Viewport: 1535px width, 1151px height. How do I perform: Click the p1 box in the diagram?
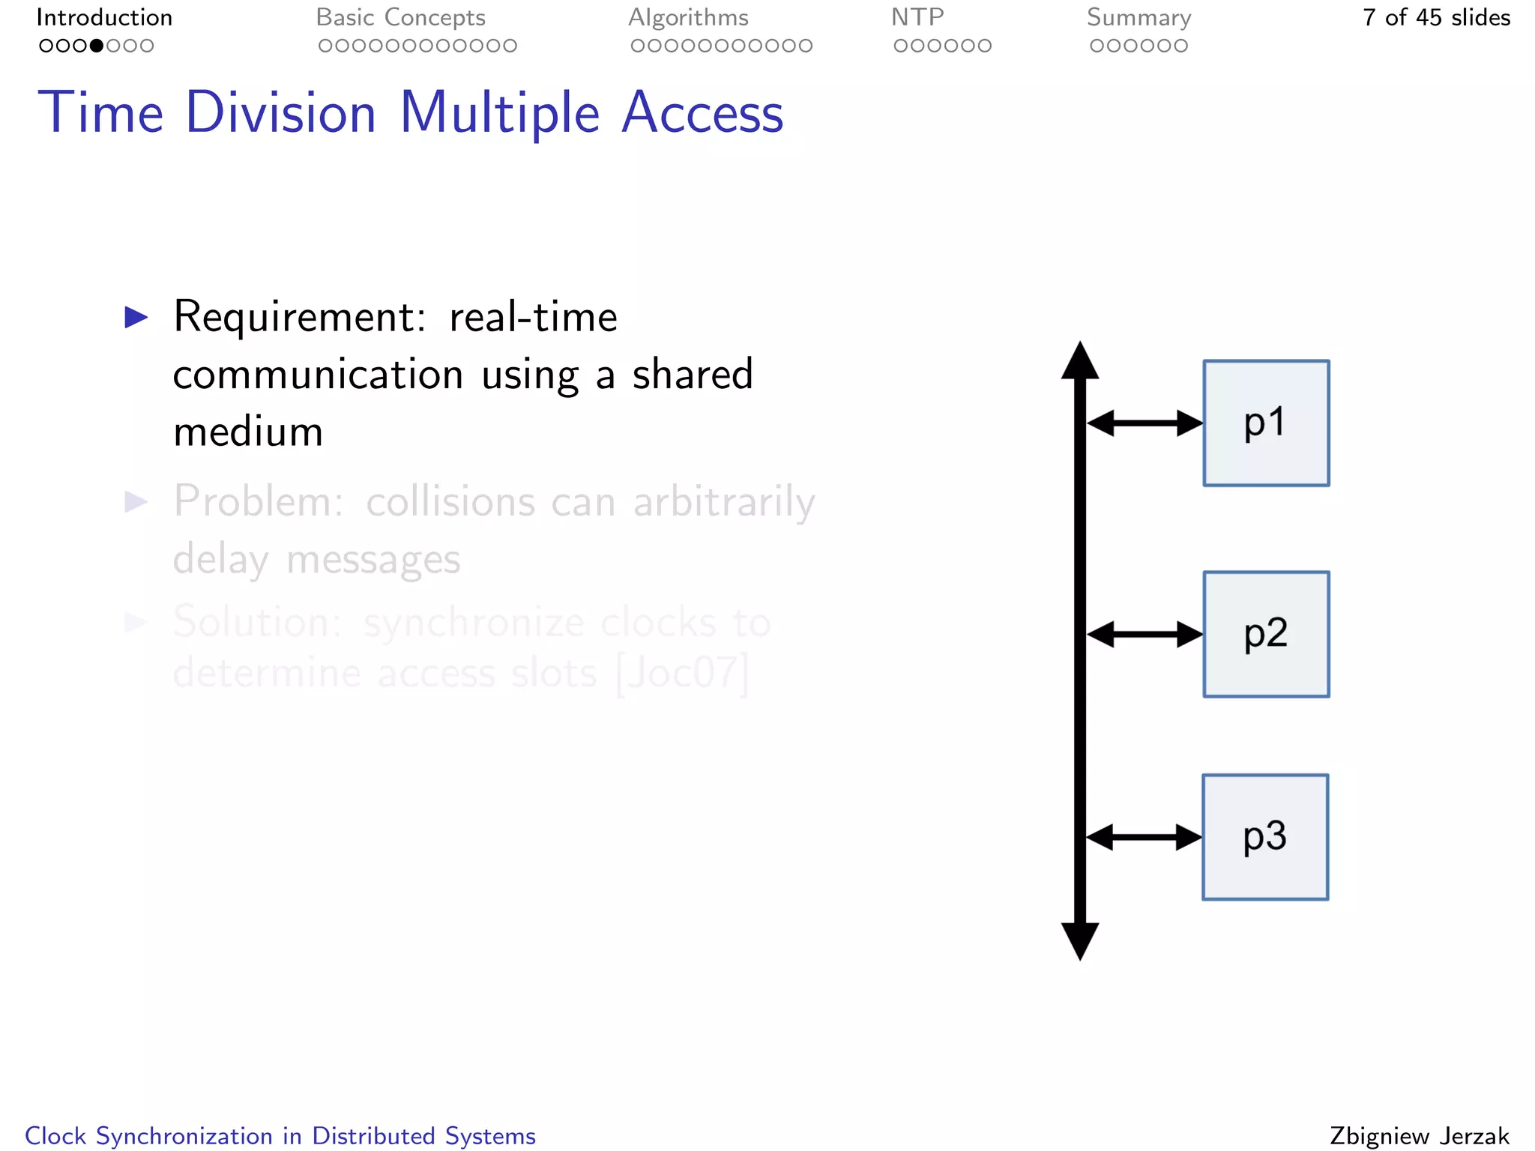click(1266, 423)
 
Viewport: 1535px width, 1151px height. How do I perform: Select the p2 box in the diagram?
click(1266, 634)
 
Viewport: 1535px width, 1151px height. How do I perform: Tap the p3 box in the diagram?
click(1265, 837)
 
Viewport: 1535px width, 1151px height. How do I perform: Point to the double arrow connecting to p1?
click(1145, 423)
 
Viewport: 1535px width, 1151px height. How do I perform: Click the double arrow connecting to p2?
click(1145, 635)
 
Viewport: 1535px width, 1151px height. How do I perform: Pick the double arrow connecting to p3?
click(1144, 837)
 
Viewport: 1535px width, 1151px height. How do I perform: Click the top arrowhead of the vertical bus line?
click(1080, 361)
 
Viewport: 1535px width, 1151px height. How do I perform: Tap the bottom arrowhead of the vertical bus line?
click(1080, 940)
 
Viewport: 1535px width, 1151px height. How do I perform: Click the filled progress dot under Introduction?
click(97, 46)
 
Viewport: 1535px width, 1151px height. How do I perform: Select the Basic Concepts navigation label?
click(400, 17)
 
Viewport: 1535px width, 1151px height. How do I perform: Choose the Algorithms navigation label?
click(688, 17)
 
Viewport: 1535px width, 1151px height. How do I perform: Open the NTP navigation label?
click(917, 17)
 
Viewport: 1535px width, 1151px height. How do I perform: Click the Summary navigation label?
click(1139, 17)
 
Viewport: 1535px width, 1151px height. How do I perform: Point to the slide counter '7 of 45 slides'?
click(1436, 17)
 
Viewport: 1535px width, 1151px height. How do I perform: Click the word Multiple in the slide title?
click(500, 114)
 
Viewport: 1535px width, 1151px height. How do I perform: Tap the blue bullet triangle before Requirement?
click(136, 317)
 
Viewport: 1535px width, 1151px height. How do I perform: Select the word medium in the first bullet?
click(248, 432)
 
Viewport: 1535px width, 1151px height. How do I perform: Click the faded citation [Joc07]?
click(682, 673)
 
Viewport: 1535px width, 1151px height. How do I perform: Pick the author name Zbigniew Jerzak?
click(1419, 1136)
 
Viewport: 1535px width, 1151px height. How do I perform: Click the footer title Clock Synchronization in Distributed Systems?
click(280, 1136)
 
